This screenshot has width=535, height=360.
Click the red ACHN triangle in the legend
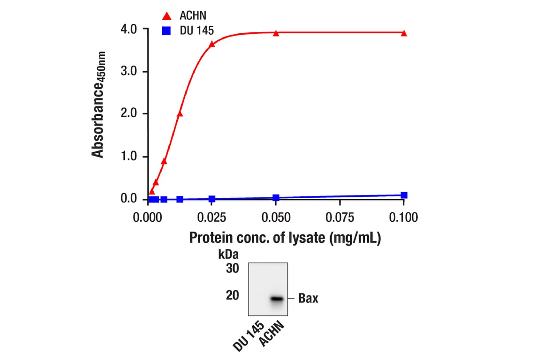click(166, 16)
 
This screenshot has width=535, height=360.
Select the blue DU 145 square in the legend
click(166, 31)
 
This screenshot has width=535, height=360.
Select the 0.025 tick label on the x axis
click(212, 217)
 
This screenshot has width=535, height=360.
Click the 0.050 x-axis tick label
click(276, 217)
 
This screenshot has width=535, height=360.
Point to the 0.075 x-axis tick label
click(339, 217)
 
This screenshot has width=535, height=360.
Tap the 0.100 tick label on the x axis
click(403, 217)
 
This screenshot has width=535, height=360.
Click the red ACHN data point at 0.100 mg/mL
click(404, 33)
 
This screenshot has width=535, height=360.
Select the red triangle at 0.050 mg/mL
click(276, 33)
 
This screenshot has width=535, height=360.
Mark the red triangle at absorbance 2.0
click(180, 113)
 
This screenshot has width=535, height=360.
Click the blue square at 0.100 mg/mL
click(404, 195)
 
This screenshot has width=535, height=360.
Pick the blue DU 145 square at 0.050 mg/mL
click(276, 198)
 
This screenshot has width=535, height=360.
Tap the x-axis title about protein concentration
click(285, 238)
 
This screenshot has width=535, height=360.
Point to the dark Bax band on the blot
click(277, 299)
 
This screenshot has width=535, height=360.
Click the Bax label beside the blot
click(308, 299)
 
